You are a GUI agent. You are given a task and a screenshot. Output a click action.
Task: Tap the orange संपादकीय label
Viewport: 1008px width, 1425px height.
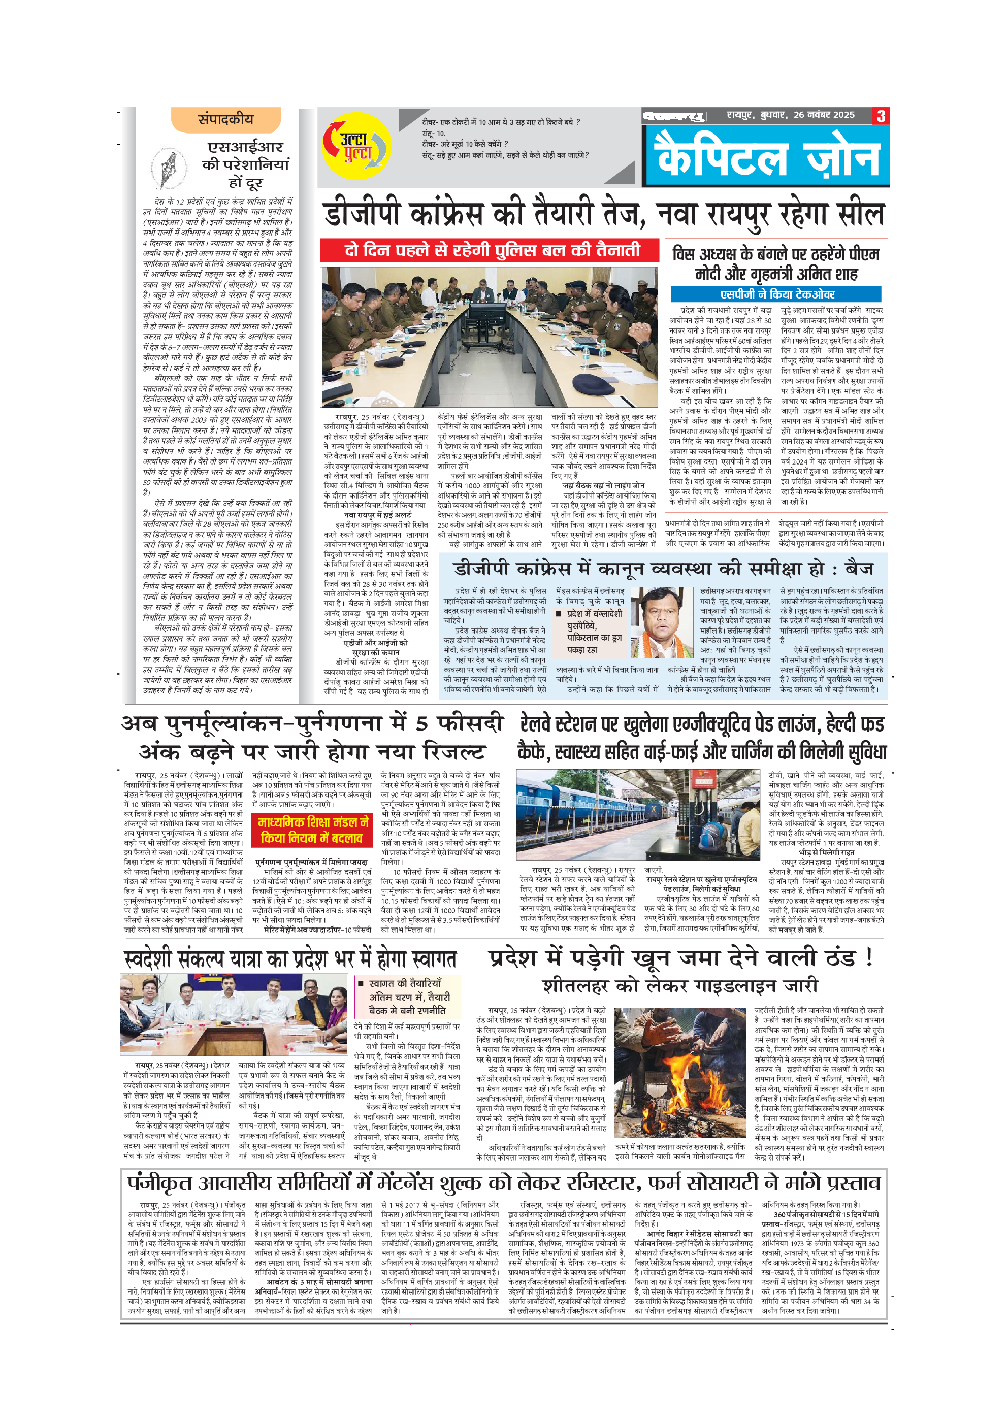point(226,119)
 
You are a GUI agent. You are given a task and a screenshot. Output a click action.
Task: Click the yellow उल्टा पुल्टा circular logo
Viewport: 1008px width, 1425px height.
point(356,147)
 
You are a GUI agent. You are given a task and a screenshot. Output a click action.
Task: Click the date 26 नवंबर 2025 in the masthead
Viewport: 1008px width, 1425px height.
point(824,115)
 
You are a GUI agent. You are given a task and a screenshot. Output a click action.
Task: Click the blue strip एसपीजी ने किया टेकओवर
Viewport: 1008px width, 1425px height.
point(776,294)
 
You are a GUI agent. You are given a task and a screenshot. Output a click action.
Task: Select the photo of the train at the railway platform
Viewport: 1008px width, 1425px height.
point(637,814)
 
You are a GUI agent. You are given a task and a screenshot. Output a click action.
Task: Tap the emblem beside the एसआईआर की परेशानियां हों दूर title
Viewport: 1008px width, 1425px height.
point(168,168)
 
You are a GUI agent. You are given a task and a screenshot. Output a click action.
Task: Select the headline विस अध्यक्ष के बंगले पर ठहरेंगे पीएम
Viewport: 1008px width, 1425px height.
point(776,254)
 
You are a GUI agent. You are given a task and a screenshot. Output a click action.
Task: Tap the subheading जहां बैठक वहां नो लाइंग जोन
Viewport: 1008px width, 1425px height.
point(603,485)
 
